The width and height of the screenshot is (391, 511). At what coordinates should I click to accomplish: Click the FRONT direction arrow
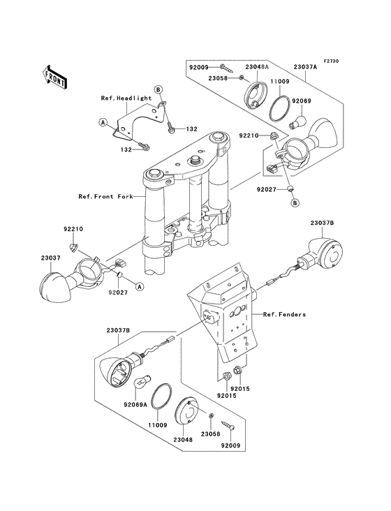click(x=54, y=77)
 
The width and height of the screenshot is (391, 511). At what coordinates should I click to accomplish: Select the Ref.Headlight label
click(x=126, y=98)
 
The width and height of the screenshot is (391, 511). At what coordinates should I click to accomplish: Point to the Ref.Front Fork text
click(x=105, y=197)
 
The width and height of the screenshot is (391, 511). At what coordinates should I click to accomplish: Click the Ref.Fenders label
click(x=284, y=314)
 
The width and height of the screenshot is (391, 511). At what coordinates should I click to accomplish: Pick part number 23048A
click(x=257, y=67)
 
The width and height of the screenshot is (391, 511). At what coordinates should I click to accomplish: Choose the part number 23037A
click(x=305, y=67)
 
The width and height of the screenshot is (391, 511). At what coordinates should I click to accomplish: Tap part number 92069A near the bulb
click(x=135, y=405)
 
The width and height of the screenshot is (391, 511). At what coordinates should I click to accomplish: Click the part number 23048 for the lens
click(x=182, y=440)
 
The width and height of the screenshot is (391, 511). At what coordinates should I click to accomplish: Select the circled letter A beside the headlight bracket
click(x=103, y=122)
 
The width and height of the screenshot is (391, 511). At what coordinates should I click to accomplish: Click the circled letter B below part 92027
click(x=295, y=202)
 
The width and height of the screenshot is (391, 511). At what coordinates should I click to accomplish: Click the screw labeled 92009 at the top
click(x=227, y=68)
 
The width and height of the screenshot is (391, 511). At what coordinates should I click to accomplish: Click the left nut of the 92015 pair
click(x=226, y=376)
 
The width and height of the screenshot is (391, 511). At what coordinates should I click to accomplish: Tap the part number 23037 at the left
click(x=50, y=258)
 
